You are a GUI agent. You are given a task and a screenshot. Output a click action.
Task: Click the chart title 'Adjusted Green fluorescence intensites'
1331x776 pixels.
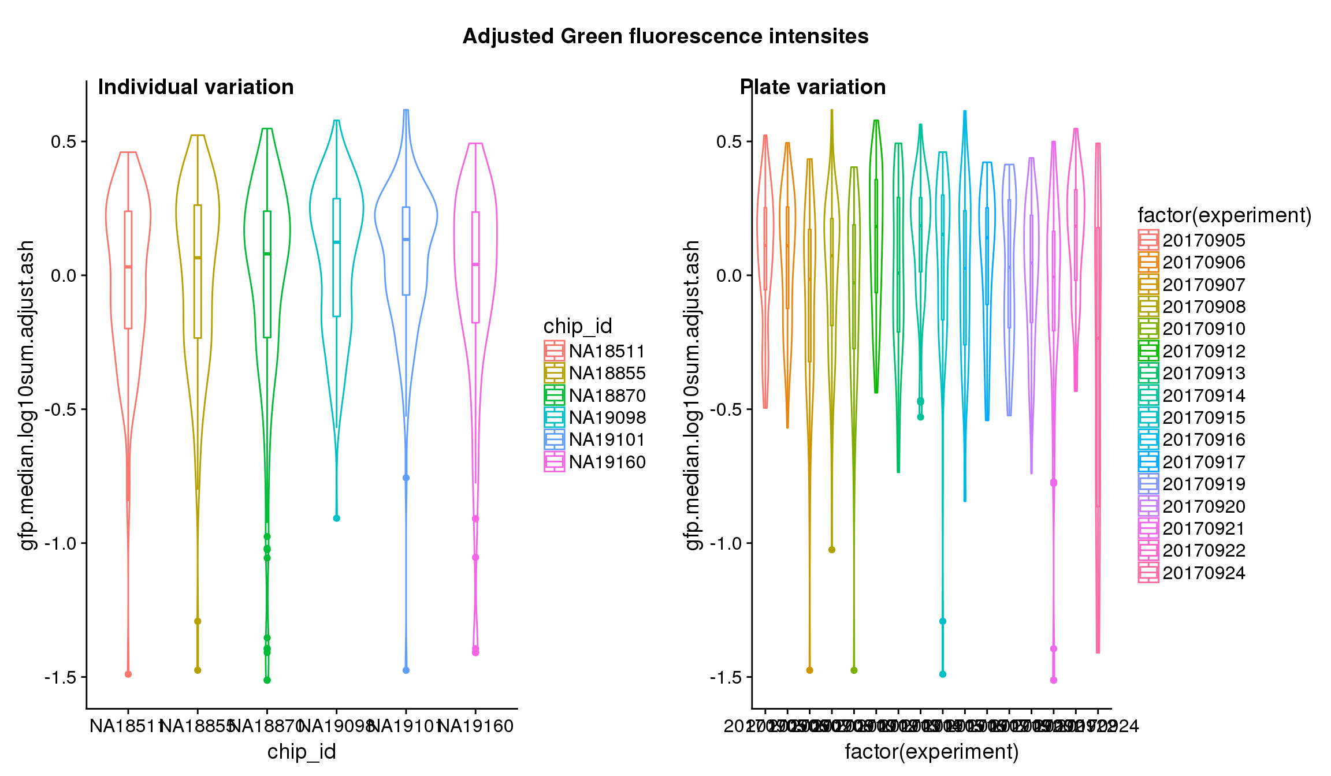[665, 36]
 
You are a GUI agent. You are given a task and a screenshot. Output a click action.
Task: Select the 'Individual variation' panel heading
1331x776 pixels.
[196, 87]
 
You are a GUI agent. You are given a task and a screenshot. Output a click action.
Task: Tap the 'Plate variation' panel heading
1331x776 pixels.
[813, 87]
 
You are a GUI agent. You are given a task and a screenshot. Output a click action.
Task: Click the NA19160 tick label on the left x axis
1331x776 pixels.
[476, 726]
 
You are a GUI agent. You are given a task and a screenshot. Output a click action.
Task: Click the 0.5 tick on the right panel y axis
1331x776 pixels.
[730, 141]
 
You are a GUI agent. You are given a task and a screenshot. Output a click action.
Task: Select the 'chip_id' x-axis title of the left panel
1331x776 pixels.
[302, 752]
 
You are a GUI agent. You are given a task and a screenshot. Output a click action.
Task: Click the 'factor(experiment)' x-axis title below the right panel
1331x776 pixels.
[931, 752]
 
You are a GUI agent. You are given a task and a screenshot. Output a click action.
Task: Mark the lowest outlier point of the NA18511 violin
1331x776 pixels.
[128, 674]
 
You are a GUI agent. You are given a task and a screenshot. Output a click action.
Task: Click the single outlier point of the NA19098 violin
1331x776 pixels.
[337, 518]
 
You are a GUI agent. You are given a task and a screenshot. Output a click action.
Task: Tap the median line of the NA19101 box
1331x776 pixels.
[406, 239]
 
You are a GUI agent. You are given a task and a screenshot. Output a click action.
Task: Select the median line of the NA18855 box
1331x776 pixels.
[198, 258]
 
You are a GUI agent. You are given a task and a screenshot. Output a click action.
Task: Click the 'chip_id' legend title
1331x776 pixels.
[577, 326]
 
